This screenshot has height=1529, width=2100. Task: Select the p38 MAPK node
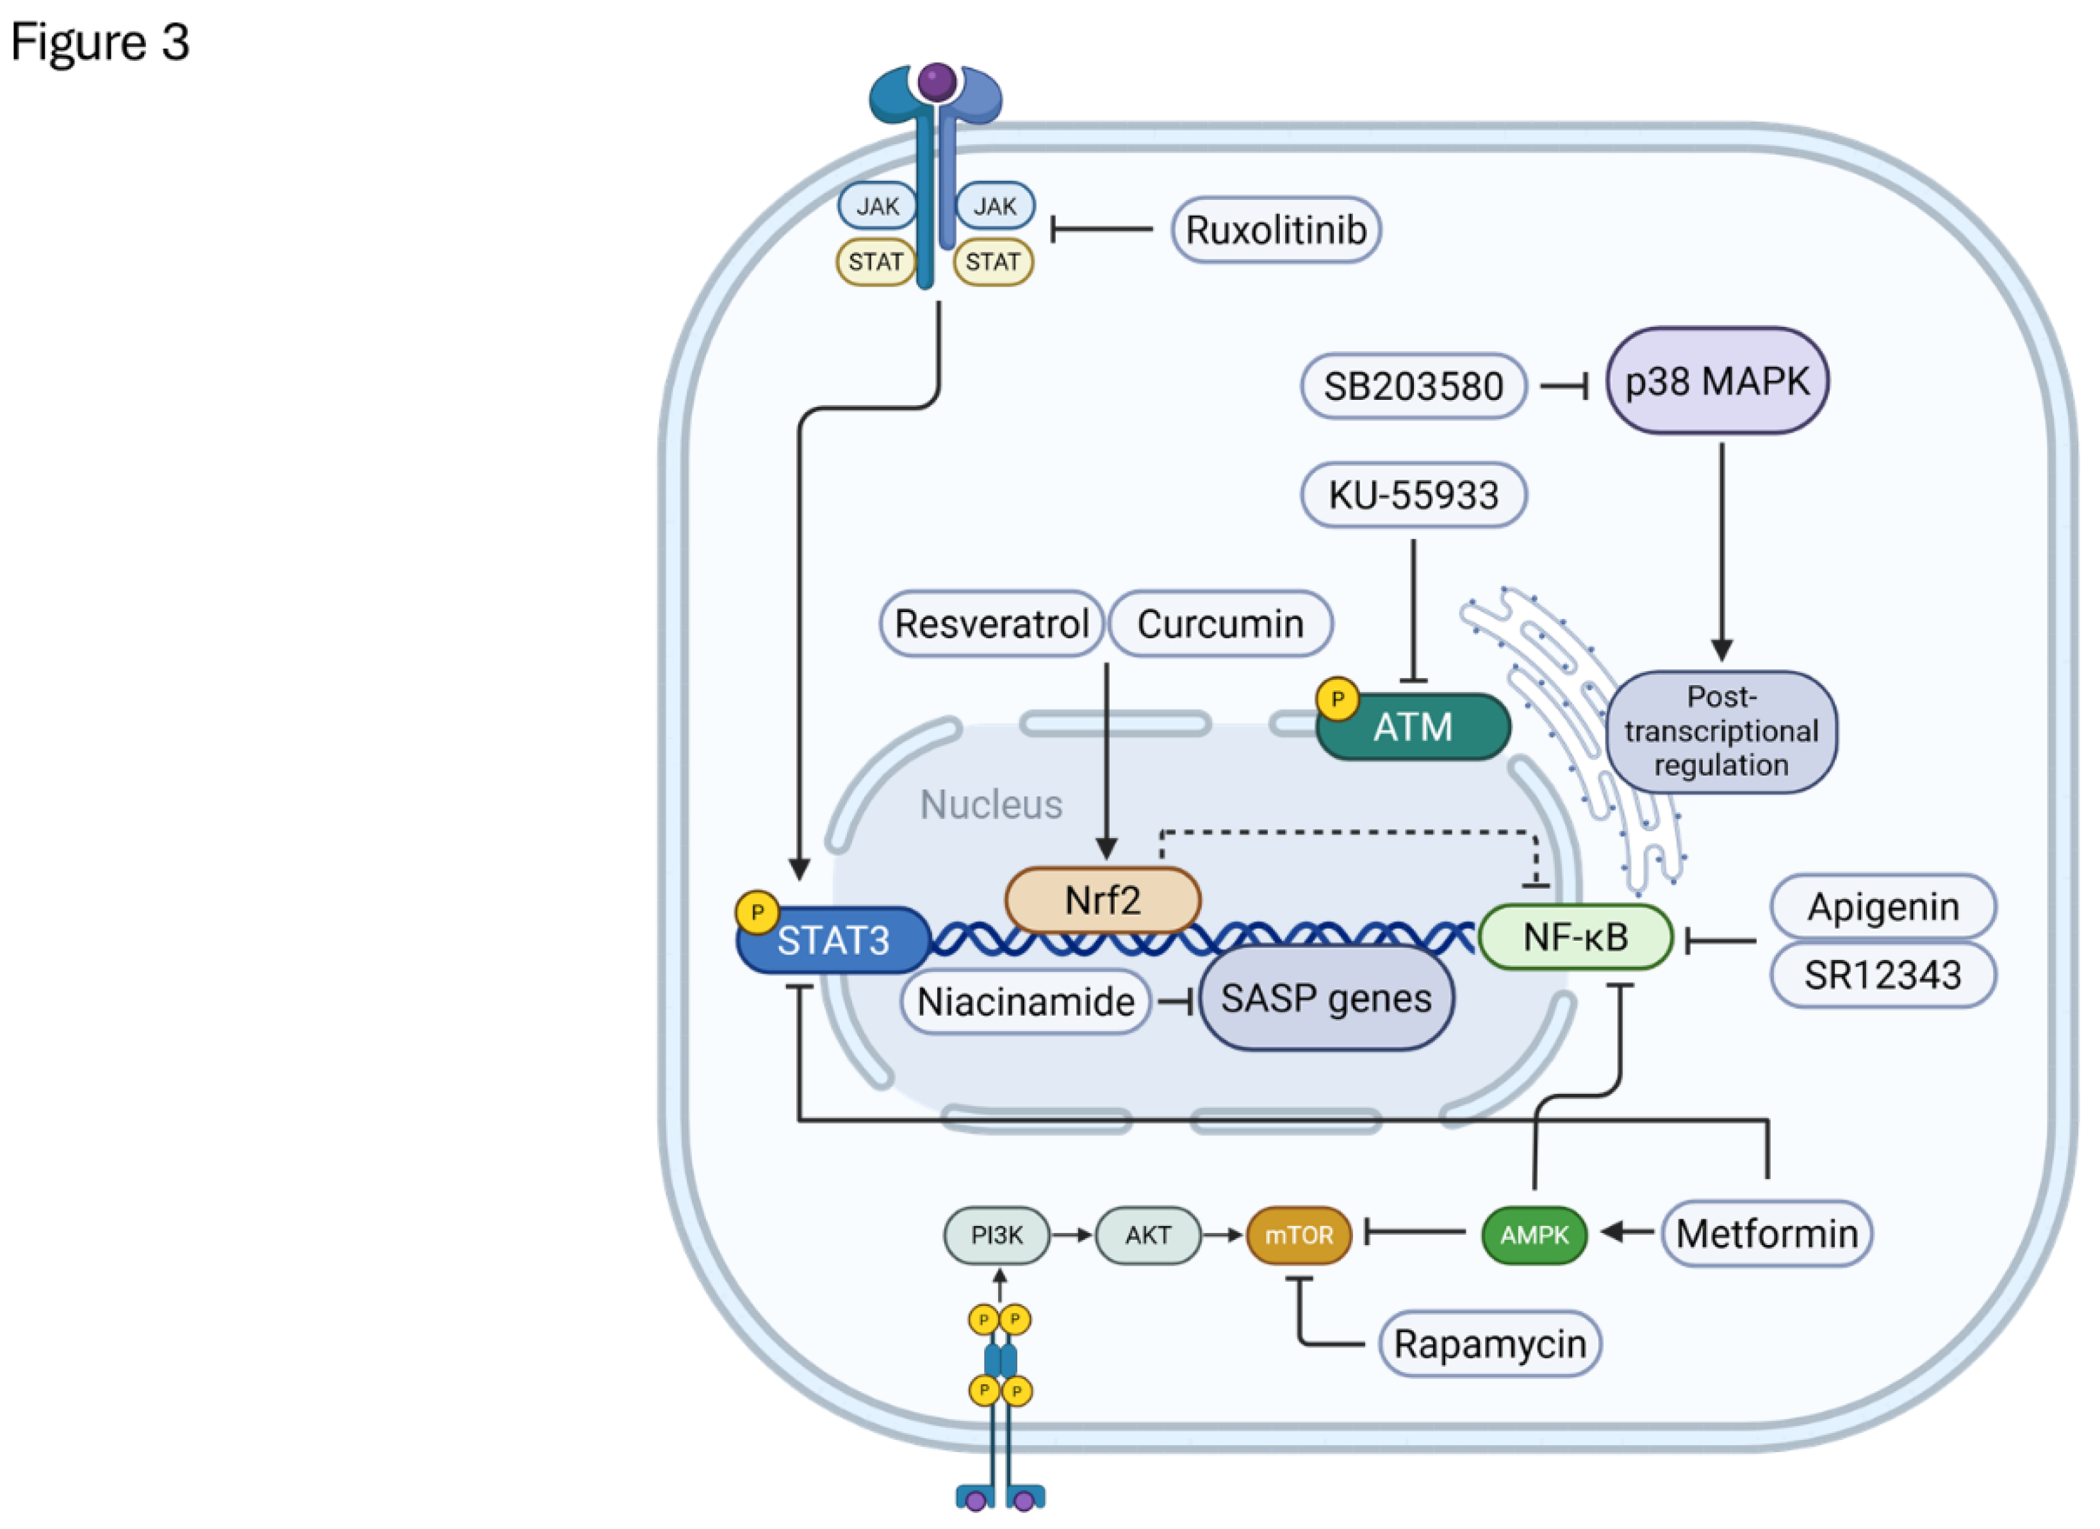(x=1717, y=381)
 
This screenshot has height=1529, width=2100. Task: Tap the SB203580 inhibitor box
(x=1413, y=385)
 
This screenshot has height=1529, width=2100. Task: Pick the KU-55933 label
(x=1413, y=495)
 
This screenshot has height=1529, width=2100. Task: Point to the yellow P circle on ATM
(x=1337, y=699)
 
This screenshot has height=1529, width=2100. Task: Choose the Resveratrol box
(x=990, y=624)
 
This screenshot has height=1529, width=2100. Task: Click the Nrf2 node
(x=1102, y=899)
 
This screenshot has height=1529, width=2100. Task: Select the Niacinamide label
(x=1025, y=1001)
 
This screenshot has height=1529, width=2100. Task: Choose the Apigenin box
(x=1882, y=907)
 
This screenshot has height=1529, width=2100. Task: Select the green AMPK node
(x=1534, y=1234)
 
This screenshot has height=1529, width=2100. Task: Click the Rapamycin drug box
(x=1490, y=1344)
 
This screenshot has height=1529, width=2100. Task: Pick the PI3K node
(x=996, y=1234)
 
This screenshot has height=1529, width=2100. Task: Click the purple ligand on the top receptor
(x=937, y=81)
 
